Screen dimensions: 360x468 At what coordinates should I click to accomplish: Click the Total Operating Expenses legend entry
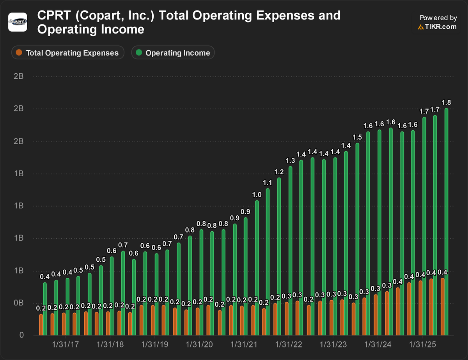click(67, 53)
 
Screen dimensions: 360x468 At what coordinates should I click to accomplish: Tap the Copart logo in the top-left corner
click(18, 21)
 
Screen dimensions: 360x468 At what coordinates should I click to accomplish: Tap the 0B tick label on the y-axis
click(18, 303)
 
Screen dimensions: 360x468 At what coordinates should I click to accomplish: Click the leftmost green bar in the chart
click(45, 309)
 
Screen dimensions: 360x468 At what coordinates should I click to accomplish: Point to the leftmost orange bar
click(41, 325)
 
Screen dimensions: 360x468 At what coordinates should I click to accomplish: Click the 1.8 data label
click(446, 103)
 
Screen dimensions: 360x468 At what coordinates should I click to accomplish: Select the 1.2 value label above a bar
click(279, 172)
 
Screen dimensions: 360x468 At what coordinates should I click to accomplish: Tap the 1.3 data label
click(290, 161)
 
